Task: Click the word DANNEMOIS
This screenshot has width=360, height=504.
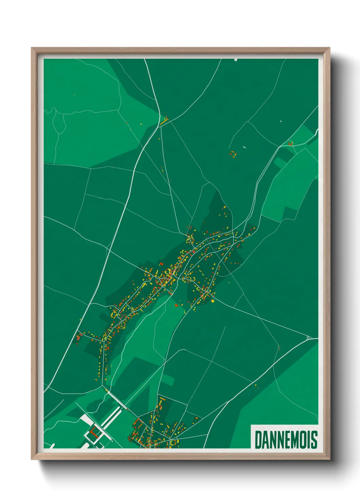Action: point(286,440)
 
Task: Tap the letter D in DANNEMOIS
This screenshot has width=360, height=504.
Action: point(258,440)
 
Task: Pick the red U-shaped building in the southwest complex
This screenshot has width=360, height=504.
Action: point(94,434)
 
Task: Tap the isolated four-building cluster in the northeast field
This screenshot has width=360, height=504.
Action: point(233,154)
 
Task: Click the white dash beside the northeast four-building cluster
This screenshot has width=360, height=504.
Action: point(244,147)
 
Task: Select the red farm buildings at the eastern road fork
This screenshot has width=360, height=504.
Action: point(290,143)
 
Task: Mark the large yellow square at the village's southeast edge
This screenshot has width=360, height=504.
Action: point(213,301)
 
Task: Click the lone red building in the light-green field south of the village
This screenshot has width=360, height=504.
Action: point(176,305)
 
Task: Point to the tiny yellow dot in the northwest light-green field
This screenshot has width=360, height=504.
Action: point(74,95)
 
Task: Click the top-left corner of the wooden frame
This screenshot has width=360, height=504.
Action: point(32,48)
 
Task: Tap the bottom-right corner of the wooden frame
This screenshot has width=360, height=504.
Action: point(329,459)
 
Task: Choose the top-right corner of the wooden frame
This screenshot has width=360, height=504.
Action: point(329,48)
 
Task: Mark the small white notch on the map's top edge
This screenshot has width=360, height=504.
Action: point(235,60)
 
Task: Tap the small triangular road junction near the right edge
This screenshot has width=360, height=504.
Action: point(309,337)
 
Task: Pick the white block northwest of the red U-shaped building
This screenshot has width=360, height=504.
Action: point(85,419)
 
